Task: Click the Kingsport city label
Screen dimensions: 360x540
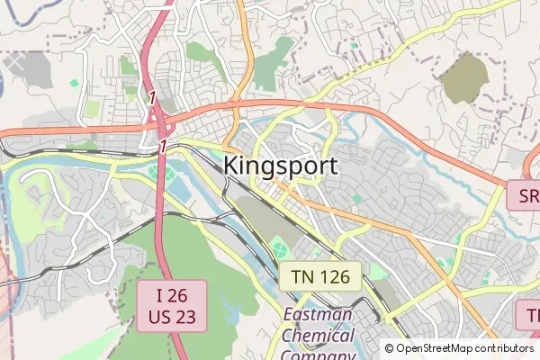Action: tap(280, 166)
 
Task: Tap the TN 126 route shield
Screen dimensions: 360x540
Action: tap(319, 276)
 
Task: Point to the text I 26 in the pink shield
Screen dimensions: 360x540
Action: tap(171, 295)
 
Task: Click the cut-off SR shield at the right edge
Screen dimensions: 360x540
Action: tap(525, 195)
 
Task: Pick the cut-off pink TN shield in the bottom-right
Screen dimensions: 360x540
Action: tap(529, 315)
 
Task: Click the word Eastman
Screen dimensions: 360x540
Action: tap(319, 317)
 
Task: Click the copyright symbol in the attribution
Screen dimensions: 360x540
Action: tap(390, 348)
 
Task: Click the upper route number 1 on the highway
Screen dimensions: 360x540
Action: tap(153, 96)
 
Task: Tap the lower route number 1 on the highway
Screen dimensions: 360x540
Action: tap(164, 145)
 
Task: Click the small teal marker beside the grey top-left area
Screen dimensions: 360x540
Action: tap(73, 83)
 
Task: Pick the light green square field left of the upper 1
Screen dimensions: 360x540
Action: tap(92, 109)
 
